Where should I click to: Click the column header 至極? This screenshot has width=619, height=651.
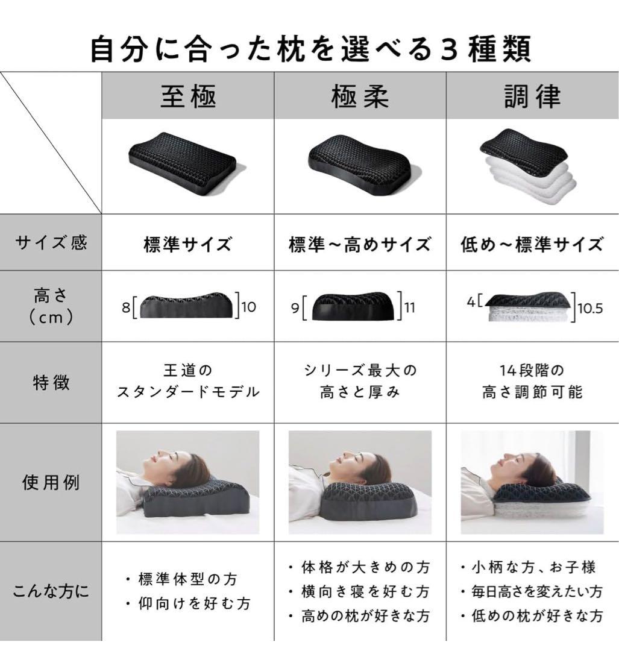tap(187, 96)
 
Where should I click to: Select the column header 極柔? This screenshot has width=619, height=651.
tap(360, 96)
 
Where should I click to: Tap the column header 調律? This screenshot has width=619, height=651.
tap(532, 96)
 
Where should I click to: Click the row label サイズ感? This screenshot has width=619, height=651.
tap(51, 243)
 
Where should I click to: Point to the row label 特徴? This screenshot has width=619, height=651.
tap(51, 382)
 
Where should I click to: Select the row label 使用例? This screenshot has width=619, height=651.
tap(51, 482)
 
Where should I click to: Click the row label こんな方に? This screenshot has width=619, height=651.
tap(51, 591)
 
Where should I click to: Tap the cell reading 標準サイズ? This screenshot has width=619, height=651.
tap(187, 244)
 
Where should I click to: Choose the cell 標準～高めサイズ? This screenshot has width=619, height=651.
tap(360, 244)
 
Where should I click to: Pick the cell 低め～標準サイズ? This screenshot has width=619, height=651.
tap(532, 244)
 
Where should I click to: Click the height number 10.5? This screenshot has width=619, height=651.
tap(590, 308)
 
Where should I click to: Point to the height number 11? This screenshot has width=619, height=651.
tap(410, 307)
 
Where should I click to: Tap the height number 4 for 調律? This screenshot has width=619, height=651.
tap(471, 301)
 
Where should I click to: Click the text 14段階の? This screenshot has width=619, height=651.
tap(532, 370)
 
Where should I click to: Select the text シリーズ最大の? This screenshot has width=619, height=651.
tap(360, 370)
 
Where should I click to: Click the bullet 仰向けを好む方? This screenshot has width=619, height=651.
tap(187, 603)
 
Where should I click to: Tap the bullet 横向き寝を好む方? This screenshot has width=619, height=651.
tap(360, 591)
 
